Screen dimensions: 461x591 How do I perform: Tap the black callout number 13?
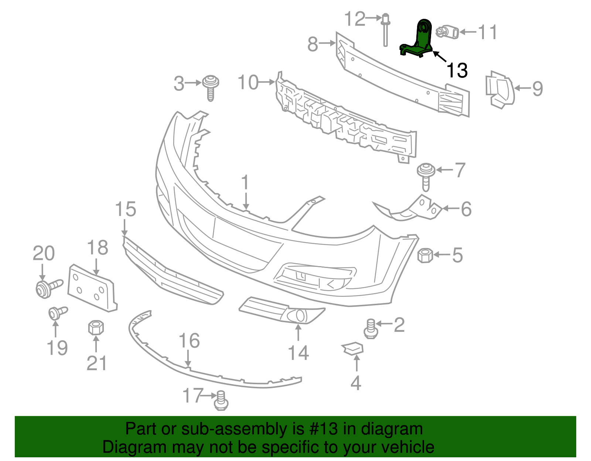(457, 70)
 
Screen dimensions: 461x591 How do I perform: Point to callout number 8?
(312, 44)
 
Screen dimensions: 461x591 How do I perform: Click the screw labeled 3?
(211, 86)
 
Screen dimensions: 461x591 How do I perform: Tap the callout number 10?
(248, 82)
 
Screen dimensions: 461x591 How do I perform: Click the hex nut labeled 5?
(425, 255)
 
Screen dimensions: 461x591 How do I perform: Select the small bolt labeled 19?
(57, 313)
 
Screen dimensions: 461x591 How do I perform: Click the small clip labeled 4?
(353, 348)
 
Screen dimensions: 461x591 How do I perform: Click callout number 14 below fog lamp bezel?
(298, 353)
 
